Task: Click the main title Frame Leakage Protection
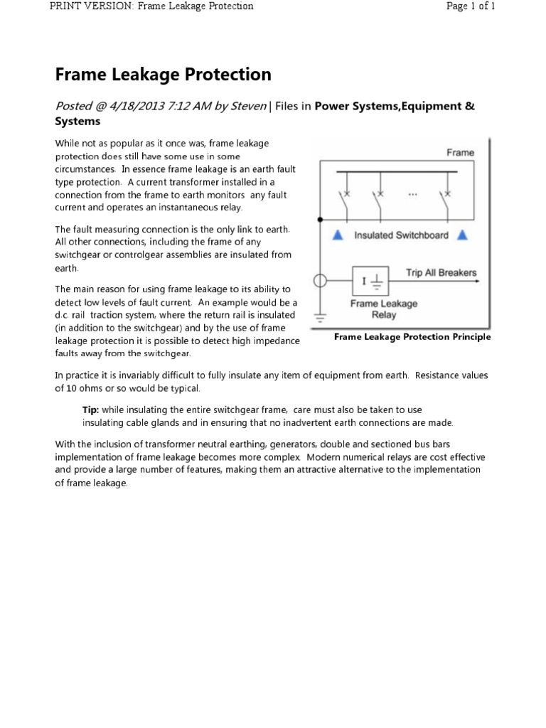click(x=163, y=75)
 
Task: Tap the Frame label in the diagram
click(x=459, y=152)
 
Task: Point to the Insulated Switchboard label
click(x=400, y=236)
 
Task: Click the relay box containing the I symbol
click(x=374, y=281)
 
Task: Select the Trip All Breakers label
click(x=441, y=272)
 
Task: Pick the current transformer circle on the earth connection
click(x=321, y=281)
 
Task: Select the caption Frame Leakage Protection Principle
click(x=412, y=337)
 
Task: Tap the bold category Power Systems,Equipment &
click(x=394, y=106)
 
